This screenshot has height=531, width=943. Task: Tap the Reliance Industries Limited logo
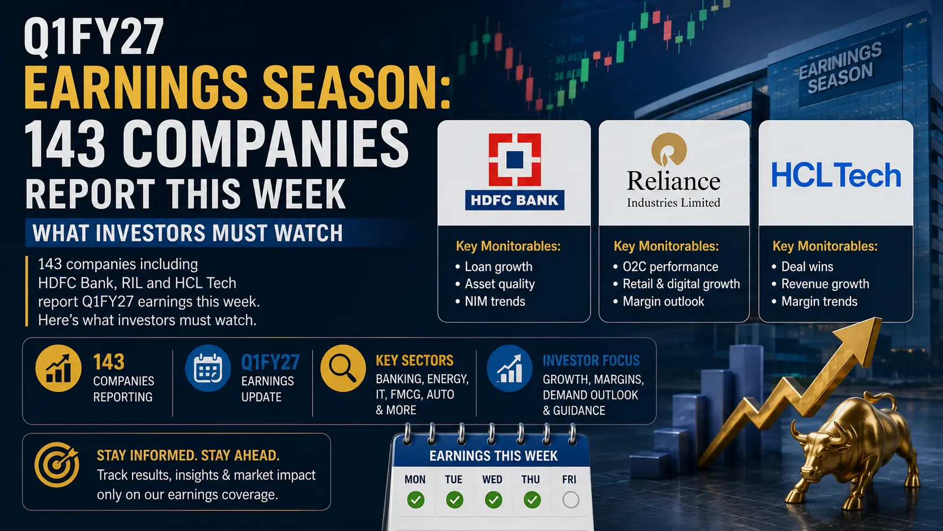[673, 170]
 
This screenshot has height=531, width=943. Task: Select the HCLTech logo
[836, 175]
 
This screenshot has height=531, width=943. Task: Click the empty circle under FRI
[570, 500]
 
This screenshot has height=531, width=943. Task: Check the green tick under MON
[416, 500]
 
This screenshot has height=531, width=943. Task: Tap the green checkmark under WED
[493, 500]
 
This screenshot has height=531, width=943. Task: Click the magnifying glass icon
[343, 368]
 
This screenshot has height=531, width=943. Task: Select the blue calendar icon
[208, 368]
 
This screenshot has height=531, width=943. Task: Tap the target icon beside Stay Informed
[57, 465]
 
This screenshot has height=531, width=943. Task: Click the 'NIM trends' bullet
[491, 301]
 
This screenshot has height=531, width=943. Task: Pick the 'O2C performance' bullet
[666, 266]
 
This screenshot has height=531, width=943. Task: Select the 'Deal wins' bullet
[803, 266]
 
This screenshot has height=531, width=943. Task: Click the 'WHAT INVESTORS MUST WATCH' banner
[188, 233]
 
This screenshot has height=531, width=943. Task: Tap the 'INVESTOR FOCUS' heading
[591, 361]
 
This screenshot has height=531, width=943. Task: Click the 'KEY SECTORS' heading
[415, 361]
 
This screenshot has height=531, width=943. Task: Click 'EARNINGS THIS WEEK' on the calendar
[493, 455]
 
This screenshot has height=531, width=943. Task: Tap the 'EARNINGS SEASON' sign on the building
[840, 67]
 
